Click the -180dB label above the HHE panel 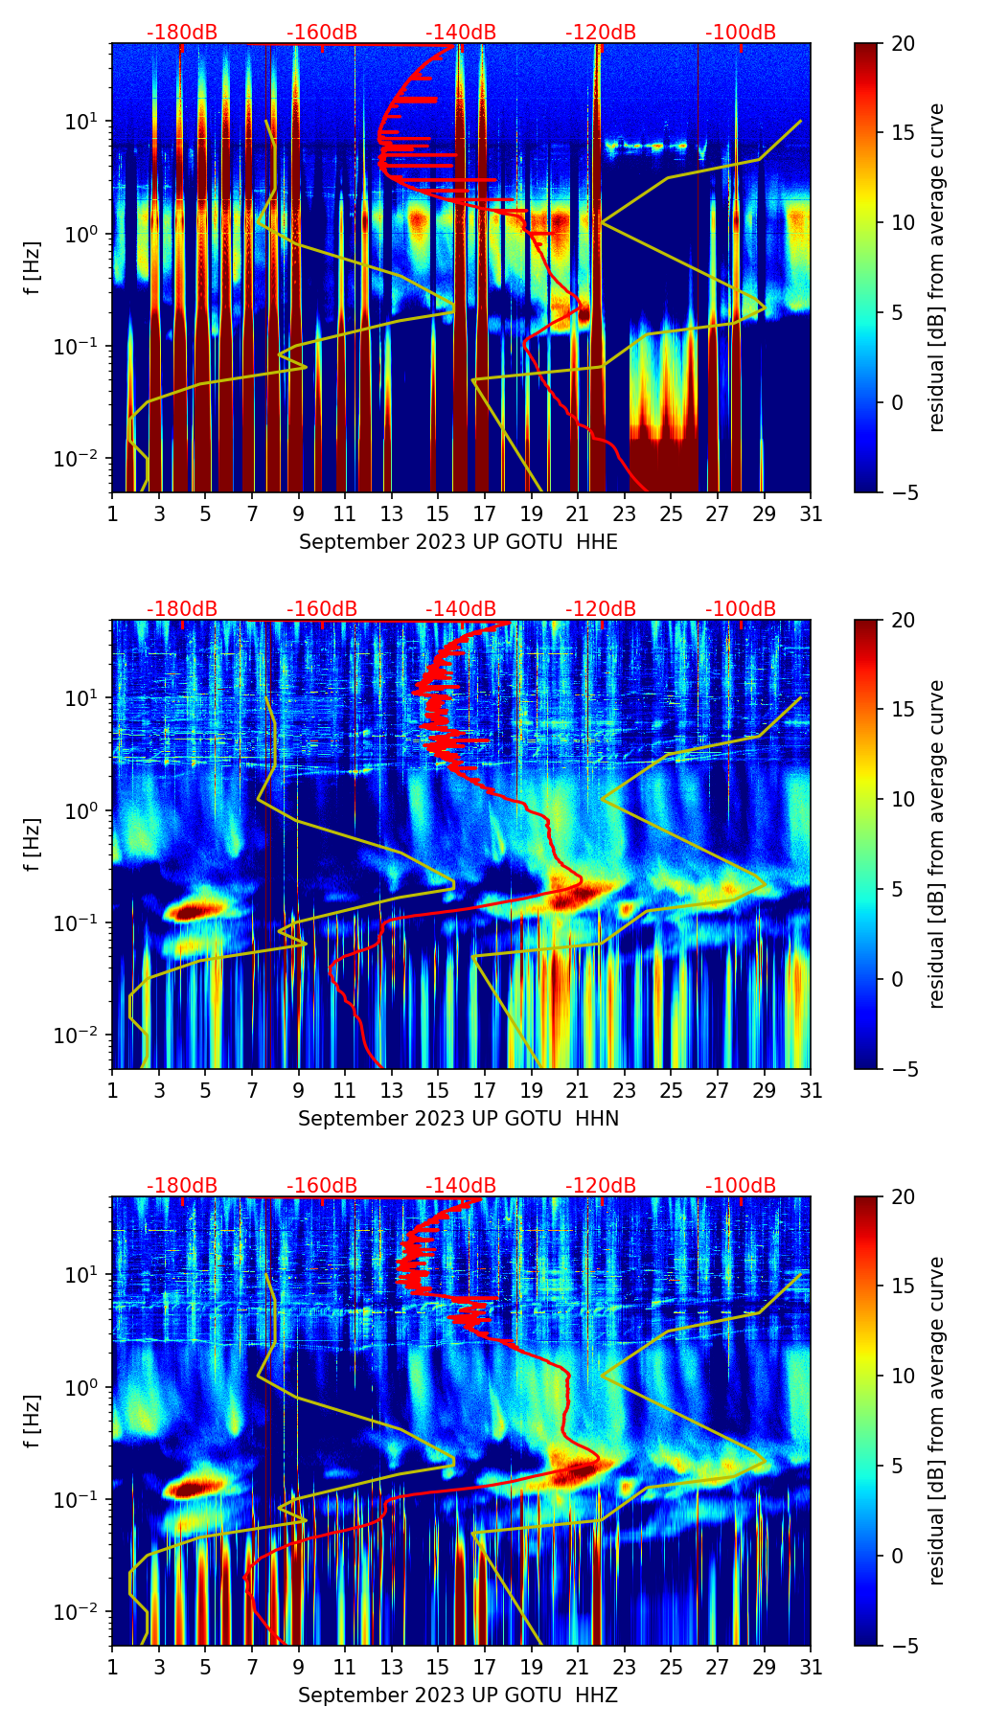pos(182,33)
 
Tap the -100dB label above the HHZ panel pos(741,1186)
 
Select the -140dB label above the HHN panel pos(461,609)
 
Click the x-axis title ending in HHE pos(458,542)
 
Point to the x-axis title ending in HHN pos(458,1119)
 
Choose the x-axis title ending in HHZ pos(458,1696)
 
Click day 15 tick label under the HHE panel pos(438,513)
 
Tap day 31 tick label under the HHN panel pos(811,1090)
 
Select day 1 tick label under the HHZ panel pos(112,1667)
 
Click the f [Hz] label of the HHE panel pos(33,268)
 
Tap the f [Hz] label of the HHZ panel pos(33,1422)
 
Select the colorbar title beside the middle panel pos(937,844)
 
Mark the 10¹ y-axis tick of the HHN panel pos(80,698)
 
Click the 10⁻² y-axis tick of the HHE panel pos(77,459)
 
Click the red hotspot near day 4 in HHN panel pos(195,910)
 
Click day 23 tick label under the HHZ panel pos(625,1667)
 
